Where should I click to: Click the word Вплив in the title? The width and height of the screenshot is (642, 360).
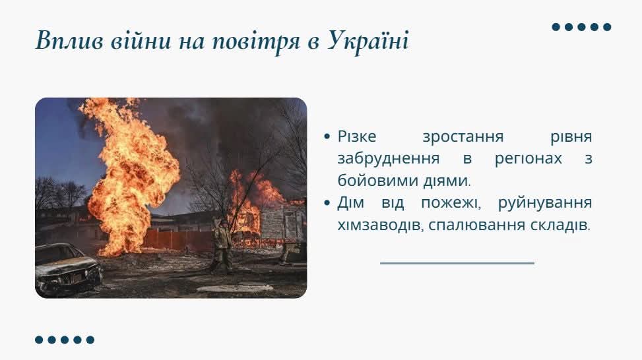point(69,41)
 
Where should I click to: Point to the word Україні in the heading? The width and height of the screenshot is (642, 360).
point(368,42)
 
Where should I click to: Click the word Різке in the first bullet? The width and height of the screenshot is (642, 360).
point(356,136)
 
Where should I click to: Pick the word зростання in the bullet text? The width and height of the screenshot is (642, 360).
point(463,136)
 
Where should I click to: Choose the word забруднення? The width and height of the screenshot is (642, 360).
point(388,159)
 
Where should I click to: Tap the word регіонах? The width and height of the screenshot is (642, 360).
point(528,159)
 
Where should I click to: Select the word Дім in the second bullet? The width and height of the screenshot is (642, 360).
point(350,203)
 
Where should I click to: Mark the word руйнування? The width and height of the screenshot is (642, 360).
point(545,203)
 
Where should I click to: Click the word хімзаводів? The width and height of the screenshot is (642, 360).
point(380,225)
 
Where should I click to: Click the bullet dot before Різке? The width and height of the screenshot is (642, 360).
point(327,136)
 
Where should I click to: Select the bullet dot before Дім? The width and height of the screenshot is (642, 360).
point(327,202)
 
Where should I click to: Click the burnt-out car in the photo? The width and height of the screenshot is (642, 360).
point(67,268)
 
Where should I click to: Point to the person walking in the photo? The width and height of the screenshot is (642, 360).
point(222,247)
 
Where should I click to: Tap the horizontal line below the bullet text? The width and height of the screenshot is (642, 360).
point(457,263)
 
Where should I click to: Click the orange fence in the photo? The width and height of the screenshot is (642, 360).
point(178,240)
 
